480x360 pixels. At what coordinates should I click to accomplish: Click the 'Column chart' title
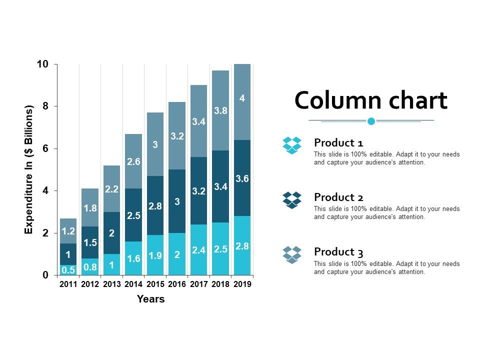click(x=370, y=100)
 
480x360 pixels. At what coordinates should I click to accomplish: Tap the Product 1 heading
click(x=338, y=142)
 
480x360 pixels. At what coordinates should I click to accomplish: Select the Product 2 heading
click(x=338, y=197)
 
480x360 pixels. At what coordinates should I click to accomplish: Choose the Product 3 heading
click(x=338, y=251)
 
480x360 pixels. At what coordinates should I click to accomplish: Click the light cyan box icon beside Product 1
click(x=292, y=145)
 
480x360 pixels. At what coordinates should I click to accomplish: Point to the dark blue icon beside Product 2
click(x=292, y=200)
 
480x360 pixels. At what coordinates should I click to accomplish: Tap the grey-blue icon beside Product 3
click(x=292, y=254)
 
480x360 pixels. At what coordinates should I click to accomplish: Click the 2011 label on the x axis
click(x=68, y=284)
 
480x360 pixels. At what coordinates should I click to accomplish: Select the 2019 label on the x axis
click(x=242, y=284)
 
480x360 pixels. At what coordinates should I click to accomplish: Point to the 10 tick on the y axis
click(x=42, y=64)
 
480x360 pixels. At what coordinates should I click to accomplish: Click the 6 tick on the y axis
click(x=45, y=149)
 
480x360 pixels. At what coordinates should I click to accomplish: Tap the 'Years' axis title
click(x=150, y=299)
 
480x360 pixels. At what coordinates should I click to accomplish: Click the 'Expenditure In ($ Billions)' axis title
click(x=28, y=169)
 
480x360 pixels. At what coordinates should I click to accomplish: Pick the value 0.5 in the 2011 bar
click(x=68, y=270)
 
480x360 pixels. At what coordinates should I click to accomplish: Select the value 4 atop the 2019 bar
click(x=242, y=98)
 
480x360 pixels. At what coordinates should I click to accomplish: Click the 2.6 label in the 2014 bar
click(x=133, y=161)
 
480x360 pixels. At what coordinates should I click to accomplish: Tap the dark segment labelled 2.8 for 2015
click(x=155, y=205)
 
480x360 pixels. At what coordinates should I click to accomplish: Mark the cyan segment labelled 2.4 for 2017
click(x=199, y=250)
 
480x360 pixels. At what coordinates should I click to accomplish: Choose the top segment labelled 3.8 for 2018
click(x=221, y=111)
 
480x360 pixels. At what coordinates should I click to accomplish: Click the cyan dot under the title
click(x=371, y=121)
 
